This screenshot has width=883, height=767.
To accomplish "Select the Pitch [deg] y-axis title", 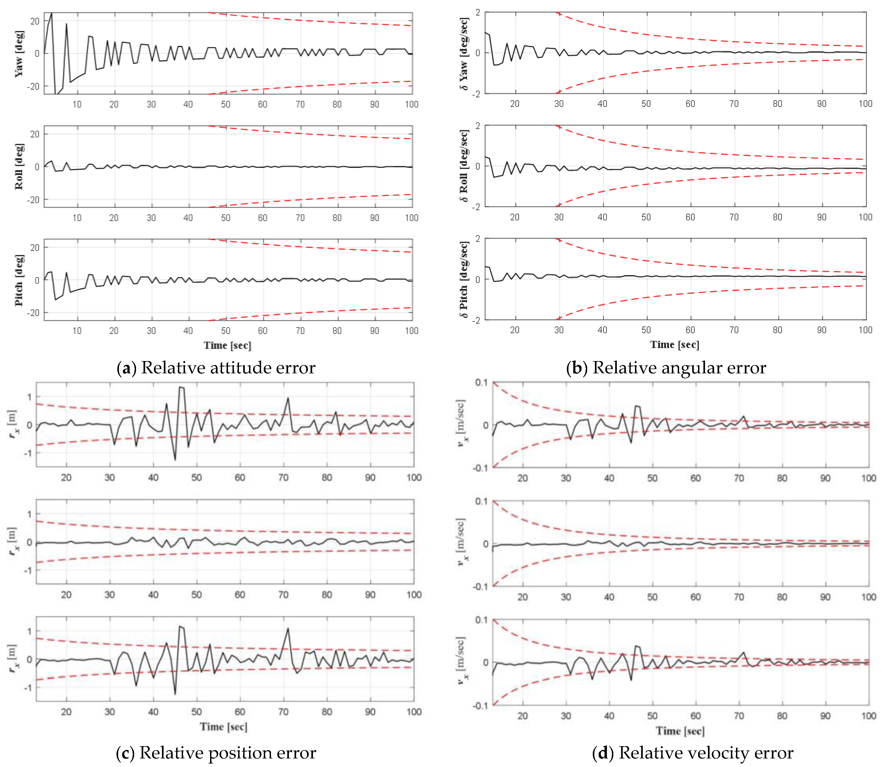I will (19, 280).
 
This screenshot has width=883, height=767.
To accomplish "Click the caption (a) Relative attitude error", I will (216, 368).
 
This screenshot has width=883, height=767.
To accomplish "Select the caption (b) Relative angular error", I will (666, 368).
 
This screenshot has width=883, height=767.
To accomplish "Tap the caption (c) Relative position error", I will (216, 753).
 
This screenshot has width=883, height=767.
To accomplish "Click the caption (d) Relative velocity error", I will (692, 753).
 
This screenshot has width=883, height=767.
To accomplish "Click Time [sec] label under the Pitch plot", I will (227, 345).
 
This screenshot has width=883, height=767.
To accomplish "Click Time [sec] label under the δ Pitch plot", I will (675, 345).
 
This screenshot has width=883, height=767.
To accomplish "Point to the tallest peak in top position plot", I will (181, 387).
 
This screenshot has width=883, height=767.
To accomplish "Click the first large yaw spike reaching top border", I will (51, 13).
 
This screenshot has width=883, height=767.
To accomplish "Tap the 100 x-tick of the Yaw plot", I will (412, 104).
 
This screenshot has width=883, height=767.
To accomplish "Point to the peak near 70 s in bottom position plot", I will (288, 629).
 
